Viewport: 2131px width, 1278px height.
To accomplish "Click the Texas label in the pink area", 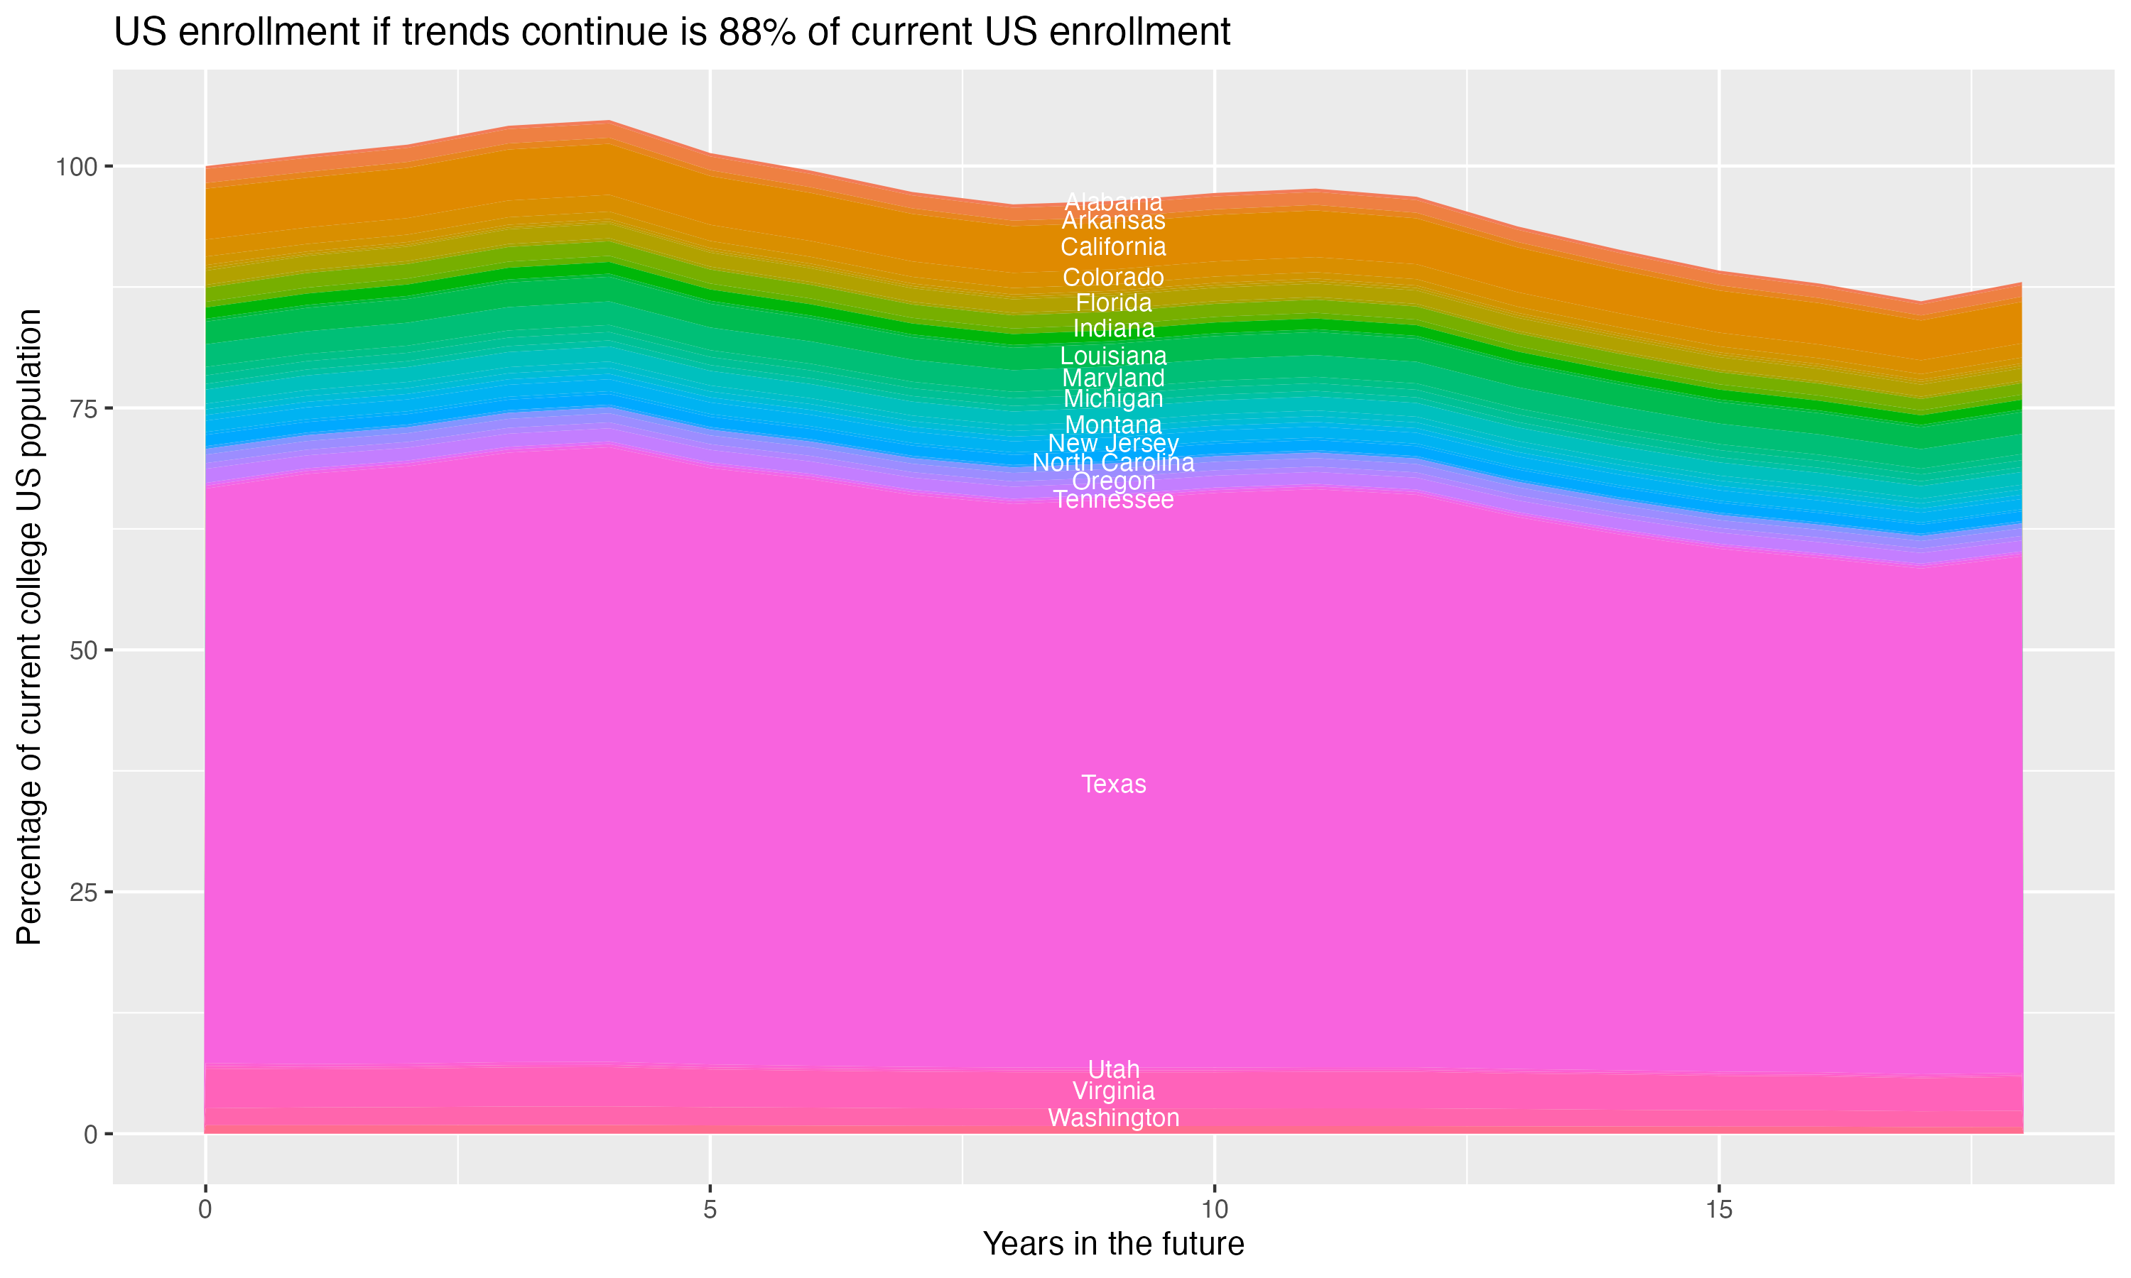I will click(1113, 785).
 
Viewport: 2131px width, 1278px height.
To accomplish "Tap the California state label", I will click(1113, 247).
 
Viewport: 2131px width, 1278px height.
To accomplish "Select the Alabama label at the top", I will click(1113, 202).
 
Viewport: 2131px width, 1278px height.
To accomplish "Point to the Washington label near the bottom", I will click(1113, 1118).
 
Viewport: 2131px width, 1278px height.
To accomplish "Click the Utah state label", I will click(1113, 1069).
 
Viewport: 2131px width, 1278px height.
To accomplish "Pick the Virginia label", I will click(1113, 1091).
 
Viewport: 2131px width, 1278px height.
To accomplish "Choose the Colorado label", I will click(1113, 278).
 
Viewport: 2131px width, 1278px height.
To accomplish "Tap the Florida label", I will click(1113, 303).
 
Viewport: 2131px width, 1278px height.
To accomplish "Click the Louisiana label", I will click(1113, 356).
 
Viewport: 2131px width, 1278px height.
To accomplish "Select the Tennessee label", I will click(1113, 501).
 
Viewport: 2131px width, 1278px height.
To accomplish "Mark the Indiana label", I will click(1113, 328).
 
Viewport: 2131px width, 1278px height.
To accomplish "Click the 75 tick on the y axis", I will click(85, 408).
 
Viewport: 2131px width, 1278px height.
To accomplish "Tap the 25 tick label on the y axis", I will click(85, 892).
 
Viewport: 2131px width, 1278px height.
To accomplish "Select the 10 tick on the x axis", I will click(1214, 1210).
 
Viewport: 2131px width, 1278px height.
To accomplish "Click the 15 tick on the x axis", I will click(1718, 1210).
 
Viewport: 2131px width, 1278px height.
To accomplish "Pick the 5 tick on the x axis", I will click(710, 1210).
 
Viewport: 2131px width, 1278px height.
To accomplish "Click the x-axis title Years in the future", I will click(1113, 1243).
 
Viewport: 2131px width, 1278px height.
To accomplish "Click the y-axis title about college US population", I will click(29, 626).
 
